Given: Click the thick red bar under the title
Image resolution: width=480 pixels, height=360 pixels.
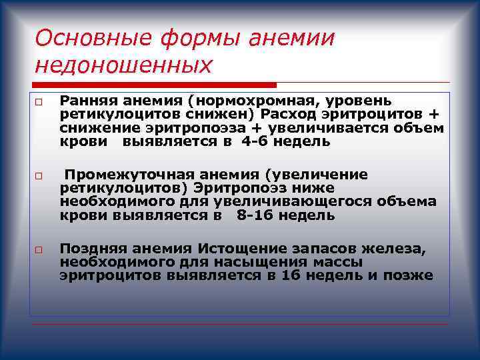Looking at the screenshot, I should pos(153,85).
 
